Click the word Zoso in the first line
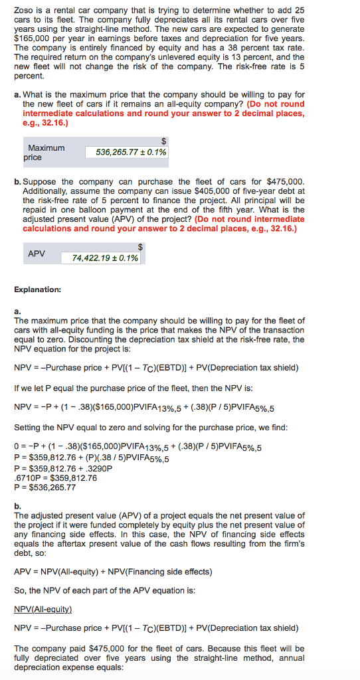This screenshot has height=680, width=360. tap(23, 11)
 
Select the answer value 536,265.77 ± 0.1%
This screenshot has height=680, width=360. tap(126, 152)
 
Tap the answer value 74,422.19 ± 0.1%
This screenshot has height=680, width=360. tap(105, 258)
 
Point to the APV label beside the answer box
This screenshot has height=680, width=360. tap(37, 254)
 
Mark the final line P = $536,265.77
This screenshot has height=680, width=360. tap(45, 487)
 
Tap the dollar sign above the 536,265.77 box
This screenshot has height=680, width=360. tap(163, 141)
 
